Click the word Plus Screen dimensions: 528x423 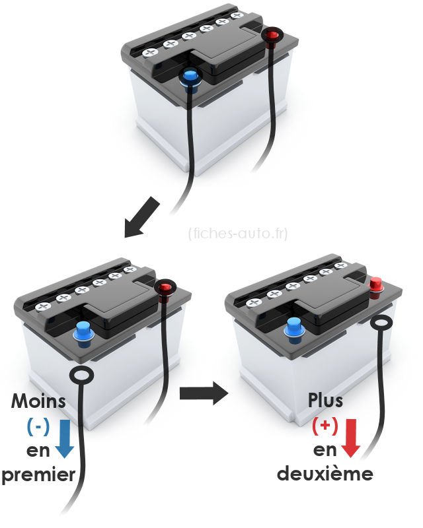[325, 401]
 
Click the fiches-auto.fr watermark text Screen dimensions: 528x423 [237, 233]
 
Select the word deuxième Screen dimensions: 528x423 [324, 475]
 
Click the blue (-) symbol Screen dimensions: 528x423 [37, 426]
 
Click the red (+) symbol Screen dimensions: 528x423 [325, 426]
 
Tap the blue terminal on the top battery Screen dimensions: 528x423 [190, 78]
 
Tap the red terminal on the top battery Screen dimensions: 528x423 [271, 35]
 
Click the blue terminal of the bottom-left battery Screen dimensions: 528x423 [83, 332]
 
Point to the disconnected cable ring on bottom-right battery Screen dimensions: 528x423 [382, 323]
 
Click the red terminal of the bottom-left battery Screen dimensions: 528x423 [163, 288]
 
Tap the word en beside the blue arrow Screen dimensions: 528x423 [40, 451]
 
